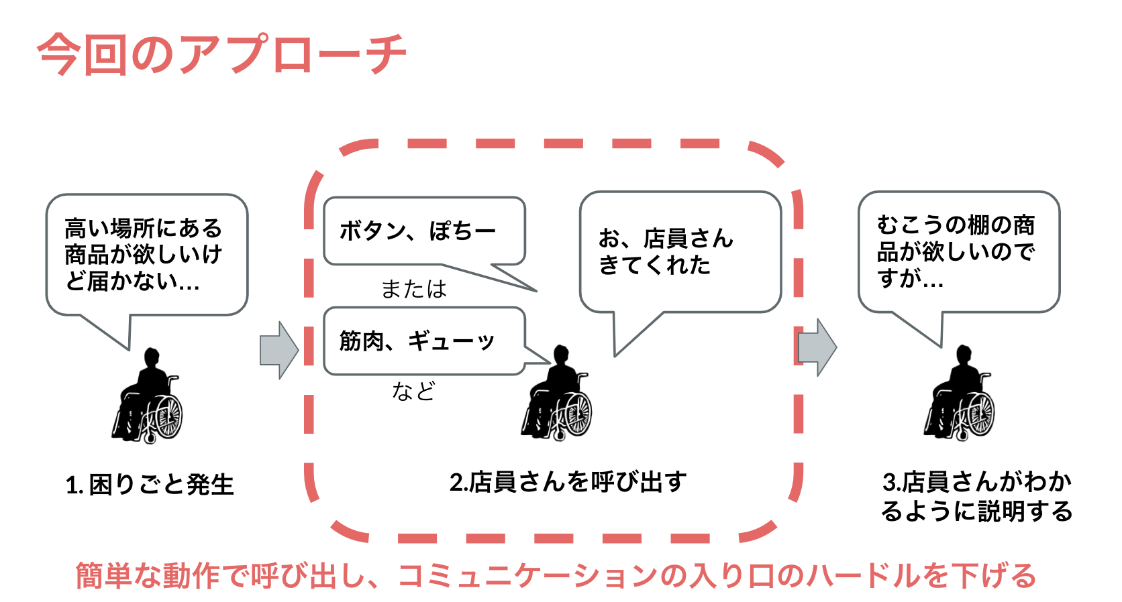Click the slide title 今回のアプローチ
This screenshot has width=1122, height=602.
click(221, 54)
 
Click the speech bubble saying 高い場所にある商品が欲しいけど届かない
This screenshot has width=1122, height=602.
click(146, 255)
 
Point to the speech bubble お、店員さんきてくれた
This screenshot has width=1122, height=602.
click(679, 252)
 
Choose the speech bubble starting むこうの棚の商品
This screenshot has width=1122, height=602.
click(958, 252)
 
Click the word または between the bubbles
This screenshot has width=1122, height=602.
click(413, 289)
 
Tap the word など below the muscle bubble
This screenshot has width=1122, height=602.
click(413, 391)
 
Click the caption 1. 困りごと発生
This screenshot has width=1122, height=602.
click(150, 485)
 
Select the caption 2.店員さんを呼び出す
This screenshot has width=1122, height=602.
click(568, 482)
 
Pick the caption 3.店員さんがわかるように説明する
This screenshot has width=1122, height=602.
click(976, 496)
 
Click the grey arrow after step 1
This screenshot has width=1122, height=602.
click(278, 350)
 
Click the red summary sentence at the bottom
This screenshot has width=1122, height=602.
click(556, 575)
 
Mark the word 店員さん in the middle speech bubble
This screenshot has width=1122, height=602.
click(688, 239)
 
